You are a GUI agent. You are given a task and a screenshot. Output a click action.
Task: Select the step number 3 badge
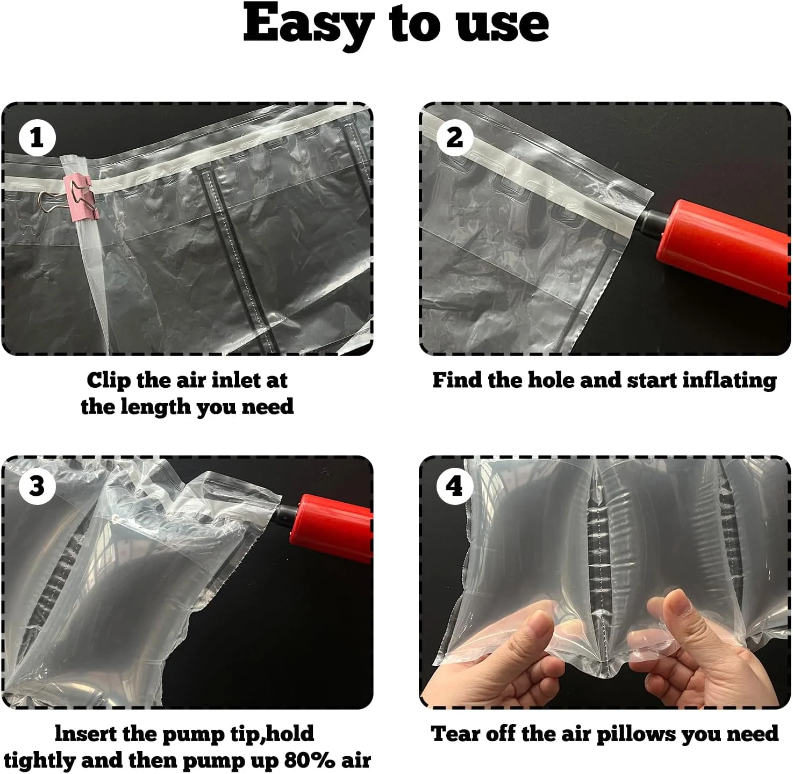pos(37,486)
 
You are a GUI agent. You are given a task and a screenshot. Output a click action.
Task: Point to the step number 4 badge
pos(454,486)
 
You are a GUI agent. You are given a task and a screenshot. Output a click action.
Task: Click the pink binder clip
pos(80,198)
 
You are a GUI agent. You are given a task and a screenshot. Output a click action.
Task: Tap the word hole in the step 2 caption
pos(551,380)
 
